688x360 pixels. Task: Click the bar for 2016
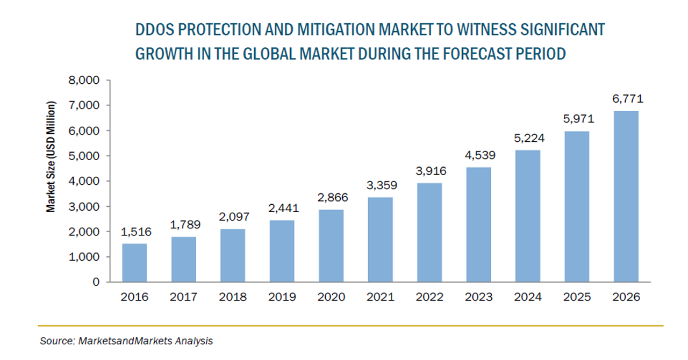(x=134, y=263)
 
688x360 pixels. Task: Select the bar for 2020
(x=331, y=246)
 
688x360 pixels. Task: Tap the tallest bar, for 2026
(x=626, y=197)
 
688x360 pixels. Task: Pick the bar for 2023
(x=478, y=225)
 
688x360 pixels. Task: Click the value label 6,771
(x=626, y=99)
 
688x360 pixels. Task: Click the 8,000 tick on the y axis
(x=85, y=81)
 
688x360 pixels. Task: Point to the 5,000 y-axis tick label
(x=85, y=156)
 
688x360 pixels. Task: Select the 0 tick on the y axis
(x=96, y=282)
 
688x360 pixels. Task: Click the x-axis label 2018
(x=233, y=297)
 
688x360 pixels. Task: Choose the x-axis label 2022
(x=429, y=297)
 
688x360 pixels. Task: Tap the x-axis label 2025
(x=577, y=297)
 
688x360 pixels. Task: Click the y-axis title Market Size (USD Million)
(x=51, y=156)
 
